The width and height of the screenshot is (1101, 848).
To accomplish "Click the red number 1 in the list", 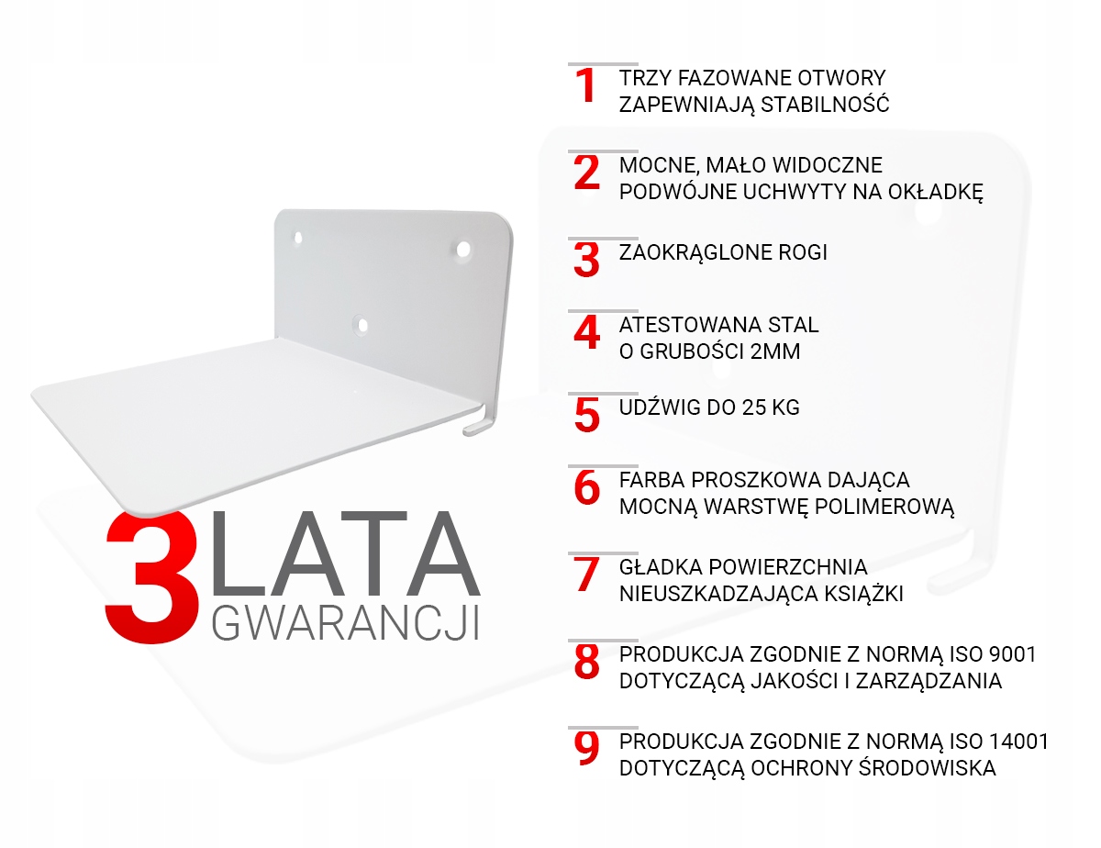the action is click(585, 85).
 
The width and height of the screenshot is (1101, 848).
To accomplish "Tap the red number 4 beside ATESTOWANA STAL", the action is click(586, 332).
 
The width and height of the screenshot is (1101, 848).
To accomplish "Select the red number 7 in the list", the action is click(586, 574).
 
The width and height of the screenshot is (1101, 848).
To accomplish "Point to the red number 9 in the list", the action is click(586, 749).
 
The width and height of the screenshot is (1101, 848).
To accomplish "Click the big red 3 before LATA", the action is click(151, 577).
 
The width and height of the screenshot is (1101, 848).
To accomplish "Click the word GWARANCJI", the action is click(345, 623).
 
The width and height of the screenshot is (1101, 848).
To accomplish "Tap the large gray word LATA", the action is click(345, 553).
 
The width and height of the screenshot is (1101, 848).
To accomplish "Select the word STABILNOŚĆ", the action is click(825, 105).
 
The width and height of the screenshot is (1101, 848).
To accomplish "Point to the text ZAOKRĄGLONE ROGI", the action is click(723, 252).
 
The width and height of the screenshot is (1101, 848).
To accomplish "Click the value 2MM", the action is click(775, 351).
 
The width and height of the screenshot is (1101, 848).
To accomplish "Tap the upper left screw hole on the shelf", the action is click(298, 238).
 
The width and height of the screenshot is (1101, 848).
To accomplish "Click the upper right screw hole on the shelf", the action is click(463, 250).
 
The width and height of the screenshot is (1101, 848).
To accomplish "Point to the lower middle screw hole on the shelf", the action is click(361, 324).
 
